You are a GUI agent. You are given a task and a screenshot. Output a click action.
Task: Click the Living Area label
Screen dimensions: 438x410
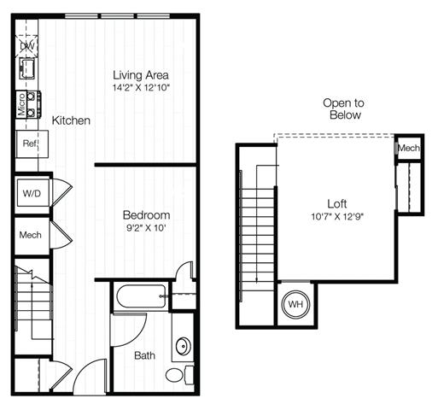[x=141, y=75]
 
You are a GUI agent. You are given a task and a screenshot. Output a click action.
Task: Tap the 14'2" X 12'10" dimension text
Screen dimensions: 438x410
[x=141, y=88]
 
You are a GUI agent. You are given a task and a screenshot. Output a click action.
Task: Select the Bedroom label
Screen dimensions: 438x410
[x=146, y=215]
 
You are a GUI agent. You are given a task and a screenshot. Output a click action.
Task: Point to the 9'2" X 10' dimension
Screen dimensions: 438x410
[x=146, y=228]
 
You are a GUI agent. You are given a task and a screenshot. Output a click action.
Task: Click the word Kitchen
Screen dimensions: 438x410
[x=71, y=120]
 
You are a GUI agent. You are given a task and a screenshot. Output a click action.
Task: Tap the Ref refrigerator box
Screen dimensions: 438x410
[x=32, y=143]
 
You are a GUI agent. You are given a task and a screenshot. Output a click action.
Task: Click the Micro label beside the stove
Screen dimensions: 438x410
[x=21, y=104]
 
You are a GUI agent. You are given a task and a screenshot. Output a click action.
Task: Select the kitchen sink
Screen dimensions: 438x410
[x=27, y=68]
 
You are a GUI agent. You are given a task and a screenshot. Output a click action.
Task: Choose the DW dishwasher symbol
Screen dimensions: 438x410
[x=26, y=46]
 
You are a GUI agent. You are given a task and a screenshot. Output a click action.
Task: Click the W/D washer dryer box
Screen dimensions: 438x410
[x=32, y=193]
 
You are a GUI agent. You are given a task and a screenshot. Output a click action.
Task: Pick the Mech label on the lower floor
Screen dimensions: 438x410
[x=30, y=235]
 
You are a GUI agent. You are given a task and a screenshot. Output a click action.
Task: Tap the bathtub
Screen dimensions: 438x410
[x=141, y=296]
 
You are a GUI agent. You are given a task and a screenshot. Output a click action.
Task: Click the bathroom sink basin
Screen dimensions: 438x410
[x=183, y=346]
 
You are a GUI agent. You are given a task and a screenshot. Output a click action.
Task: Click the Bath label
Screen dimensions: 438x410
[x=144, y=355]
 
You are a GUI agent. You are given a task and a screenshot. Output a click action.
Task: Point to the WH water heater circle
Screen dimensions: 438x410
[x=295, y=304]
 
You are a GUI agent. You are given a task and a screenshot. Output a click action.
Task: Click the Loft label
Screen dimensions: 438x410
[x=337, y=204]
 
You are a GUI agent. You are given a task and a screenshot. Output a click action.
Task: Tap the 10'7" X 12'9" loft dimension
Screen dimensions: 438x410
[x=337, y=217]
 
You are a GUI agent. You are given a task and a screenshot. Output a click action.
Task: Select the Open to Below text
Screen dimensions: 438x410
[x=344, y=108]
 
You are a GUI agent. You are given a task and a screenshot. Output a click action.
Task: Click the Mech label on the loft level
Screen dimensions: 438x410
[x=409, y=148]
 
